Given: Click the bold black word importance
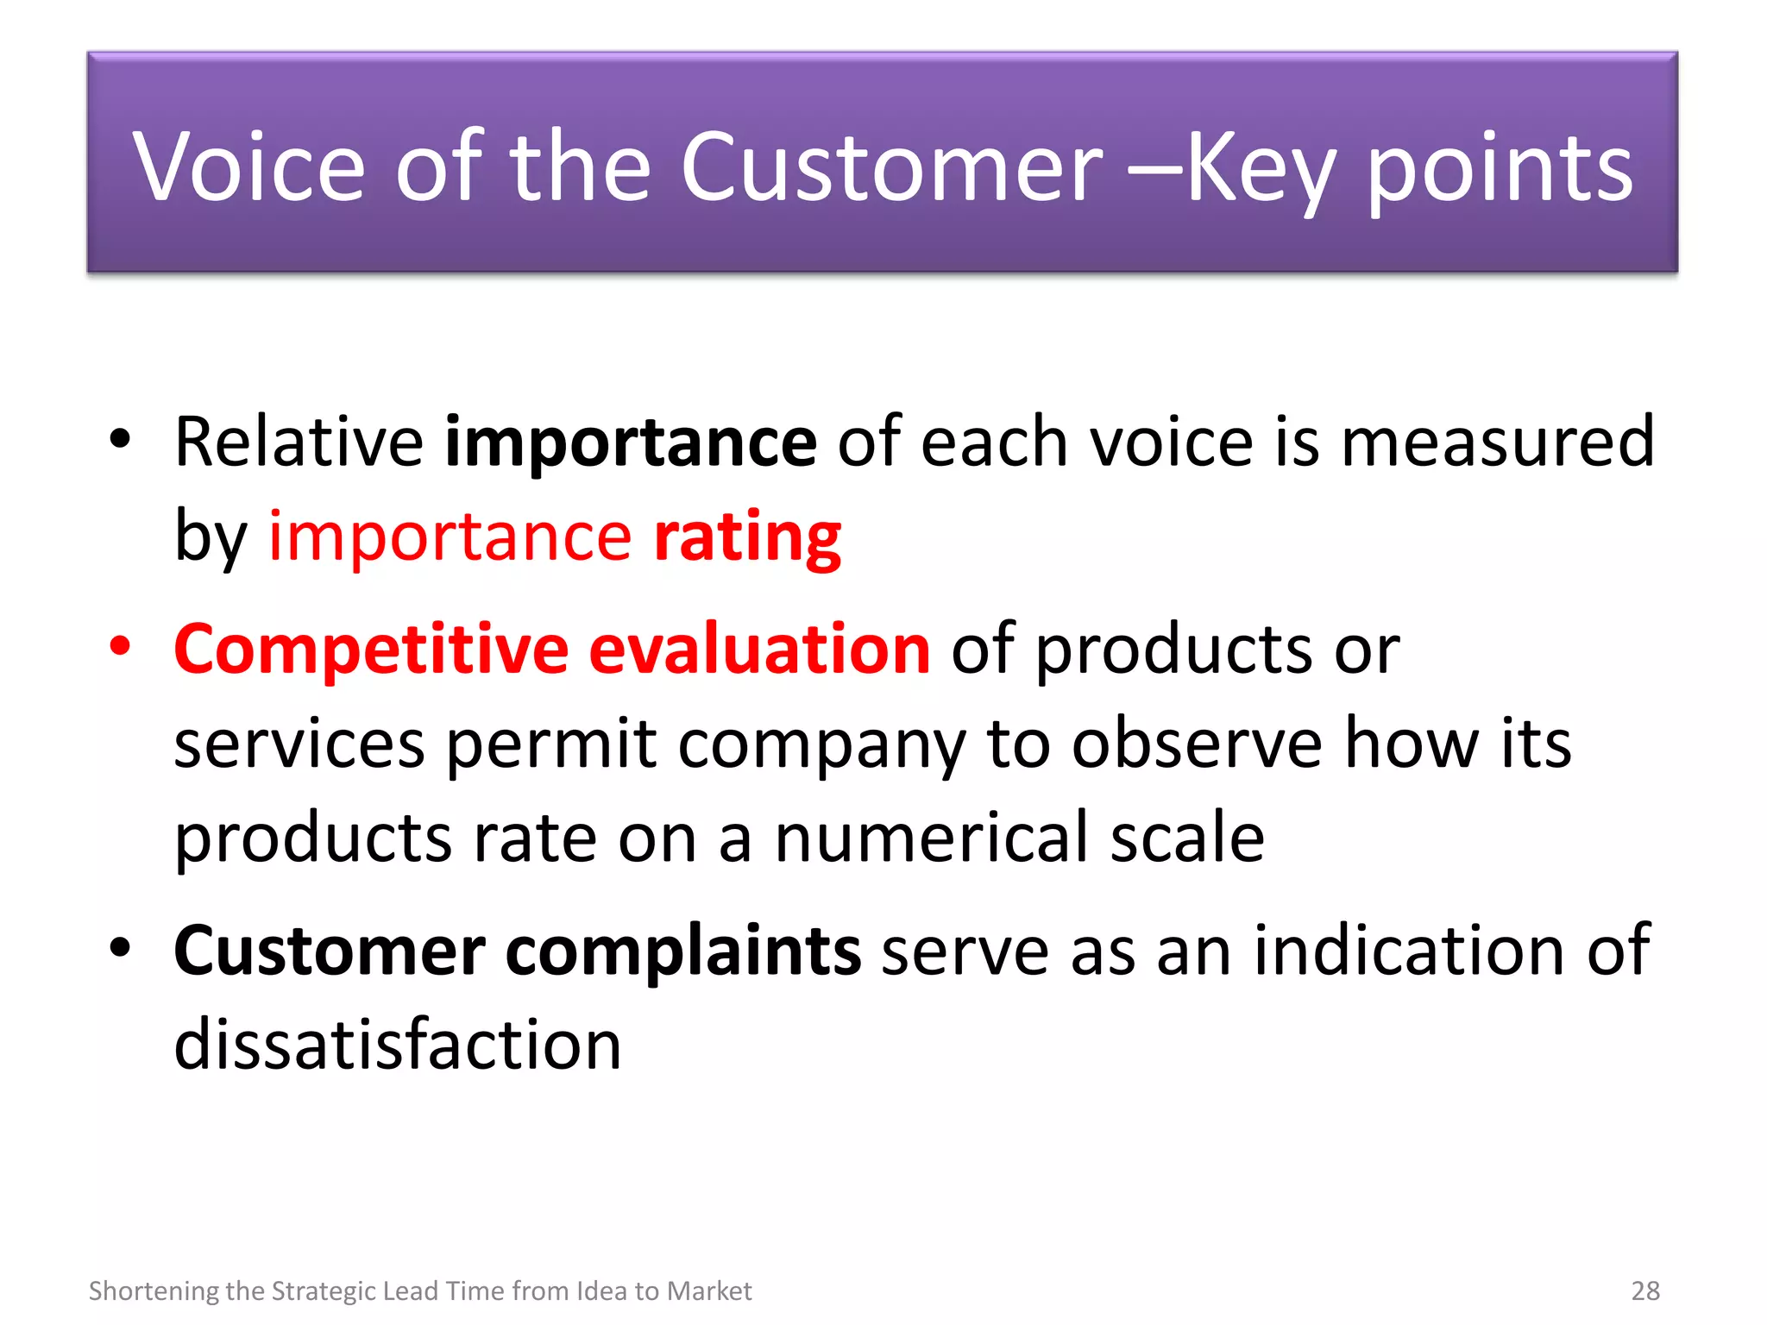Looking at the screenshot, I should click(x=630, y=442).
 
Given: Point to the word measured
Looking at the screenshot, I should click(x=1498, y=442).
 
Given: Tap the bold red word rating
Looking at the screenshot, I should click(x=747, y=537).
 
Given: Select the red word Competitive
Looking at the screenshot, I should click(x=371, y=649).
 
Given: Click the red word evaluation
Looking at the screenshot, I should click(x=759, y=649).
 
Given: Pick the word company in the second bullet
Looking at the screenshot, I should click(x=821, y=744).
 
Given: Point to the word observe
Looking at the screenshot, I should click(x=1196, y=744).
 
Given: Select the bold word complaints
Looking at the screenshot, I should click(x=682, y=951).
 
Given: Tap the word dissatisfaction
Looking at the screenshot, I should click(x=397, y=1045).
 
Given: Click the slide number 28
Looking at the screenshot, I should click(x=1645, y=1290).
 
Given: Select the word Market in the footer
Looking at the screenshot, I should click(x=709, y=1290).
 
